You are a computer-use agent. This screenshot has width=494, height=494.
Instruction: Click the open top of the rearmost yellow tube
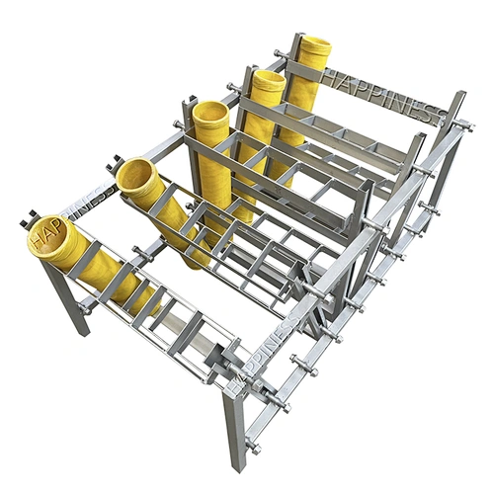pos(315,45)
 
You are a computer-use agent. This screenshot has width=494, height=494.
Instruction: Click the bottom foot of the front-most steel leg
pos(234,465)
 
